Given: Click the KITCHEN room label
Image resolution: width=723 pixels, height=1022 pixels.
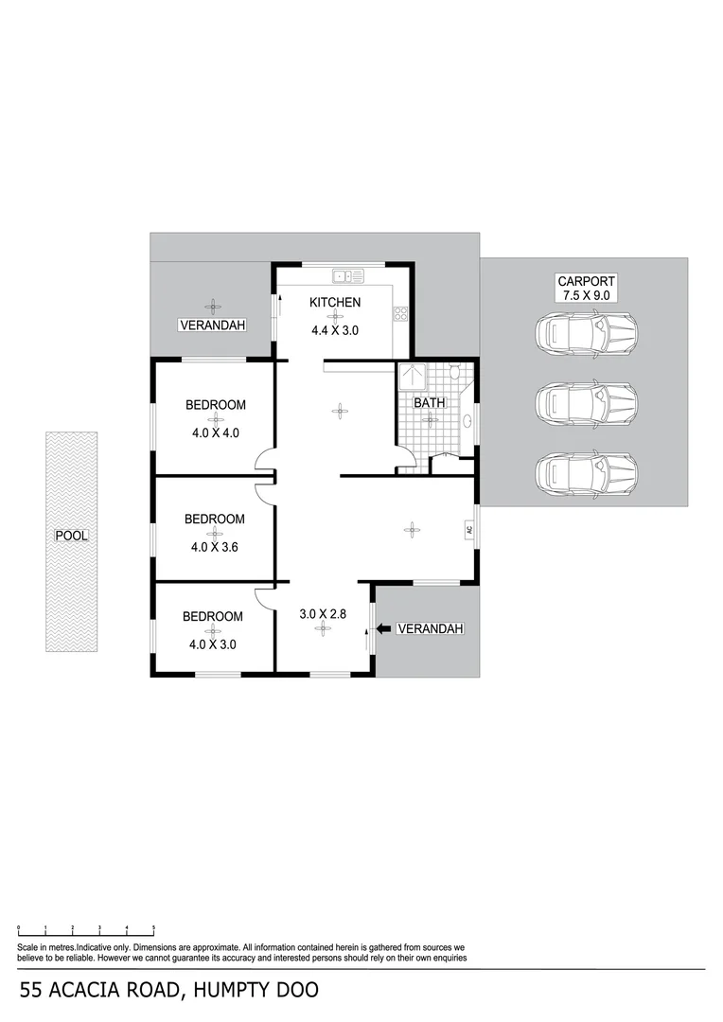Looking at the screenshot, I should pyautogui.click(x=335, y=303).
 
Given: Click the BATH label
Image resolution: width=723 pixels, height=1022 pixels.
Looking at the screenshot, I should pyautogui.click(x=429, y=403).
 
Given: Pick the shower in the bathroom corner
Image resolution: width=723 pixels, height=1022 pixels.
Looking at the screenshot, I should pyautogui.click(x=412, y=377).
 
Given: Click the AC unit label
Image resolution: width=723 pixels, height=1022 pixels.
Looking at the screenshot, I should pyautogui.click(x=468, y=530).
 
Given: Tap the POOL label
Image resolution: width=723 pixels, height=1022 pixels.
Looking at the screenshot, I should pyautogui.click(x=71, y=536).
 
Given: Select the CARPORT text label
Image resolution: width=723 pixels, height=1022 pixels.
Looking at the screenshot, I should pyautogui.click(x=586, y=281).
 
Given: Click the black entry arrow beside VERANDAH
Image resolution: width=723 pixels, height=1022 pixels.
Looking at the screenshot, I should pyautogui.click(x=384, y=629).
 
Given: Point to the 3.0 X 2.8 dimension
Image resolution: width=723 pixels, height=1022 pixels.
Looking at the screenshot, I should pyautogui.click(x=323, y=613).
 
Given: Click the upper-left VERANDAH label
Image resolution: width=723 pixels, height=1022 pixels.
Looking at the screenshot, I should pyautogui.click(x=212, y=326).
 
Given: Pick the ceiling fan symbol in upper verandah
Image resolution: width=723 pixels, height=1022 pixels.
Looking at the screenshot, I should pyautogui.click(x=212, y=305).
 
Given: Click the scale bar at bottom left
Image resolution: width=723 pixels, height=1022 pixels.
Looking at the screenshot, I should pyautogui.click(x=86, y=931).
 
